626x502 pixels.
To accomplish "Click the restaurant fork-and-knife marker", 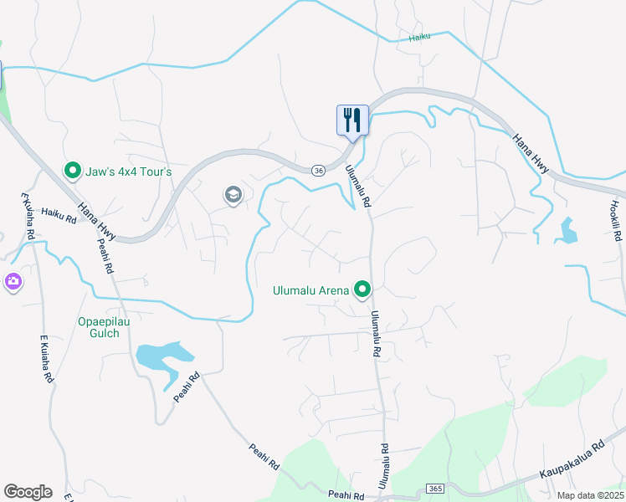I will [x=352, y=120].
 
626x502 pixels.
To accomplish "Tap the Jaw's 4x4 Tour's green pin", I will [x=73, y=172].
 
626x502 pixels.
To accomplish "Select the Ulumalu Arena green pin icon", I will [x=362, y=290].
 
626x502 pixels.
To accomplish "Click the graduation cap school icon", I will [x=233, y=196].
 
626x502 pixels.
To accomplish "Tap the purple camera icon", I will [x=13, y=281].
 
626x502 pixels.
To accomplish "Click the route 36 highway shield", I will [x=318, y=170].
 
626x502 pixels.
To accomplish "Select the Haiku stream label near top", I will [x=420, y=38].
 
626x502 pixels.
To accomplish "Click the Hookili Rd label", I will [x=615, y=218].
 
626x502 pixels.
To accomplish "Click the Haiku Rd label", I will [x=58, y=217].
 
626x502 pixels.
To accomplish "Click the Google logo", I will [x=28, y=491].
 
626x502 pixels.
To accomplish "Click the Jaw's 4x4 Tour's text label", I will [x=129, y=172].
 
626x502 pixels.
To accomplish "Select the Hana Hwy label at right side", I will [x=531, y=154].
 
